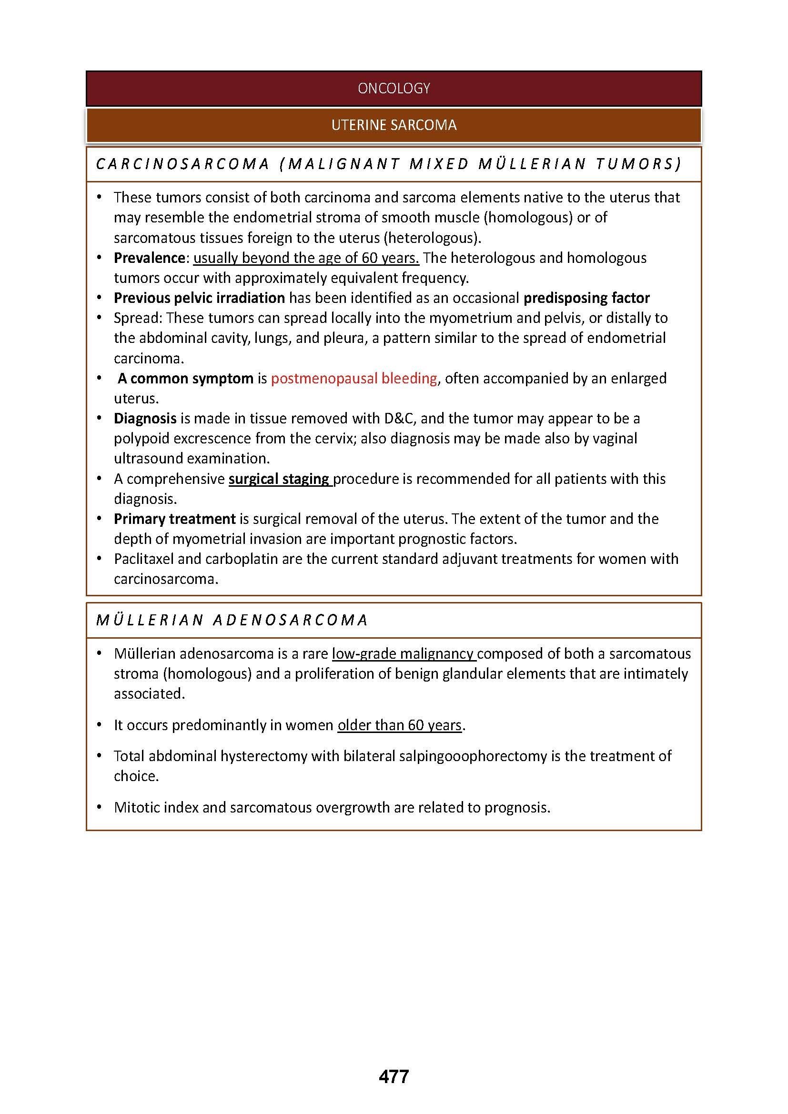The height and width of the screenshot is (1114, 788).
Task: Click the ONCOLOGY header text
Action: click(394, 88)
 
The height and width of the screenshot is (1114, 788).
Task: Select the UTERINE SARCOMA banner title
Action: click(394, 125)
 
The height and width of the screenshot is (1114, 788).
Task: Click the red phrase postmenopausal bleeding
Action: click(354, 379)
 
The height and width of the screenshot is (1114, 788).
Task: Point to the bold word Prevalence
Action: click(150, 258)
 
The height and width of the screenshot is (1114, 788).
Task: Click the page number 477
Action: click(394, 1076)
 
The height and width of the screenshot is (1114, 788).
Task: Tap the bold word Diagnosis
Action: click(145, 418)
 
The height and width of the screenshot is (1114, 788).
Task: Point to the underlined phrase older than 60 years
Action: click(399, 725)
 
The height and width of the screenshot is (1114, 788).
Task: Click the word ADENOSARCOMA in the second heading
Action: click(290, 620)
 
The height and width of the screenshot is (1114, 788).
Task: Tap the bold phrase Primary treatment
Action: click(175, 519)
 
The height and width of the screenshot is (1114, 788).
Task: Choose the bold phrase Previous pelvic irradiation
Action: click(200, 298)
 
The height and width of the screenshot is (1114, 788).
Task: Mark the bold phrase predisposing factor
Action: click(586, 298)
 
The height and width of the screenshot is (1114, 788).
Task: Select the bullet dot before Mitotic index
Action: click(100, 807)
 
